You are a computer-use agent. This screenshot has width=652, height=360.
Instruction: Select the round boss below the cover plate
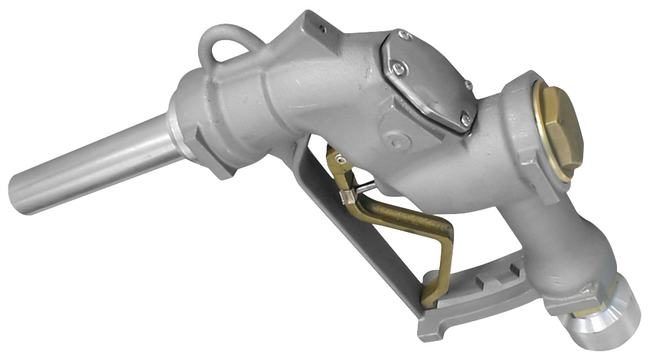(x=395, y=137)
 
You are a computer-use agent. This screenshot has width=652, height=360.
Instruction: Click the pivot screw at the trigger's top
(x=342, y=160)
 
